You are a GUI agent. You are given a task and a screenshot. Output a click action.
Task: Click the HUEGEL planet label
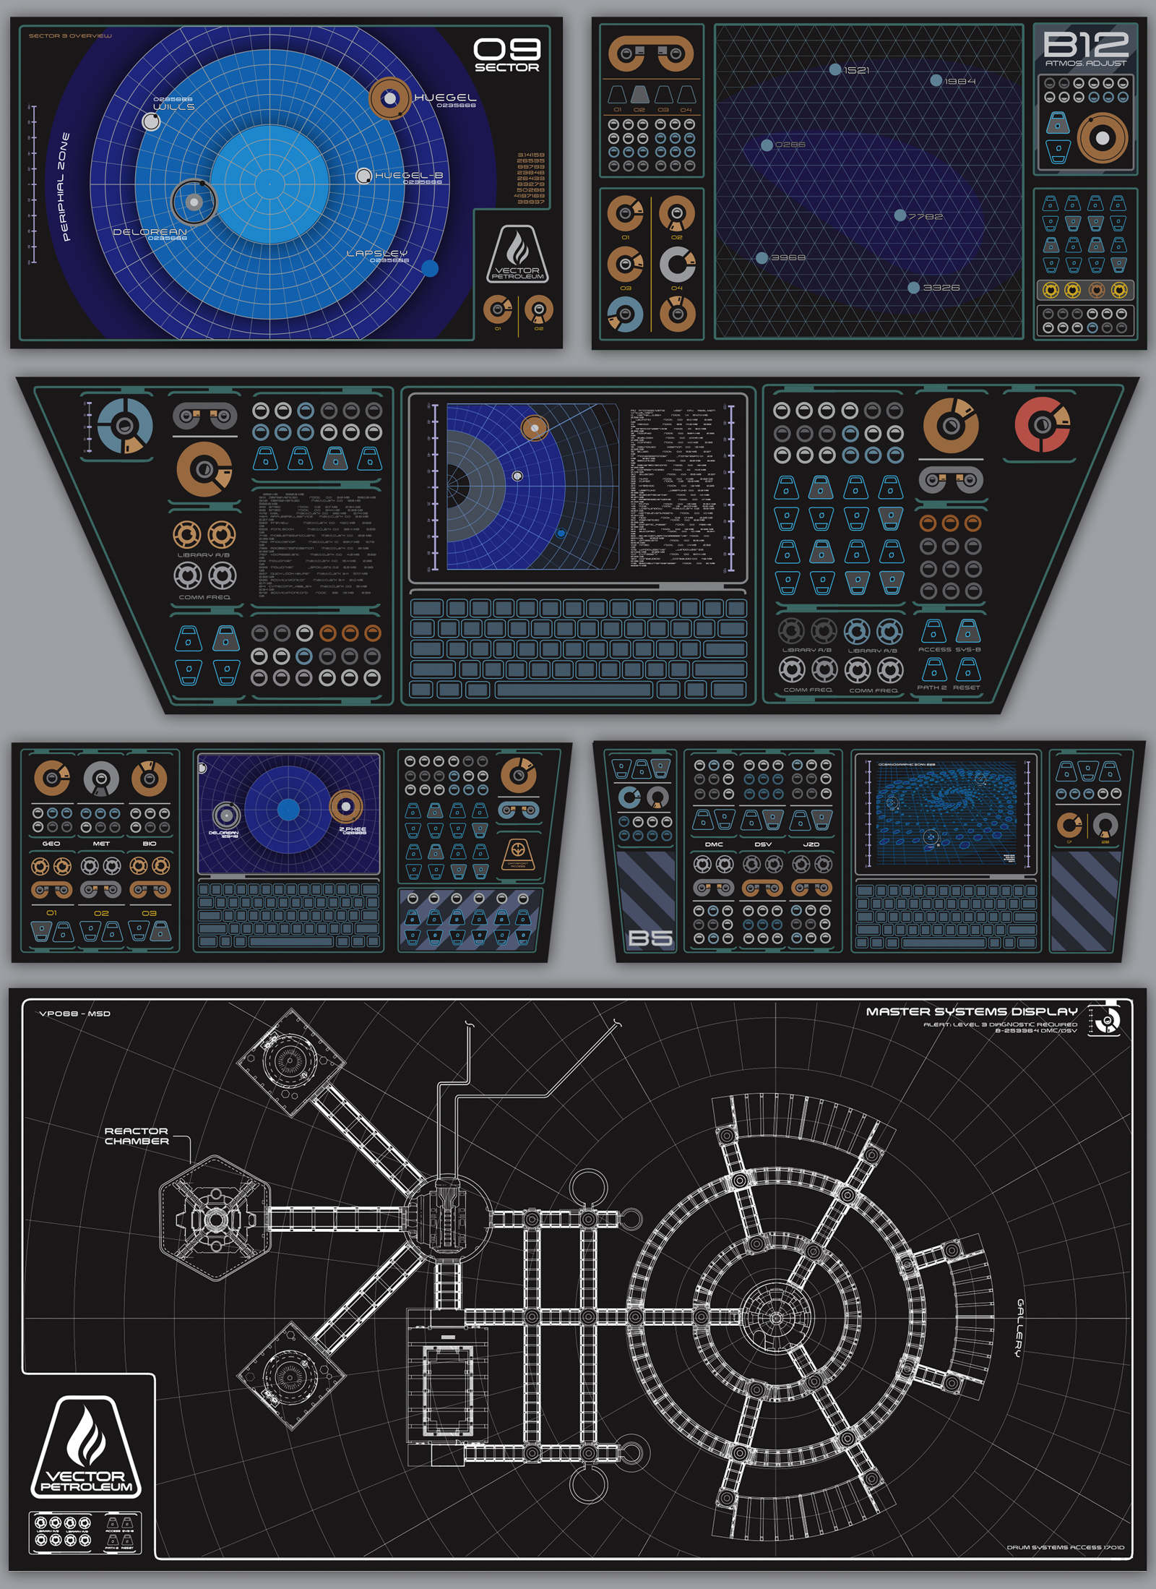[444, 98]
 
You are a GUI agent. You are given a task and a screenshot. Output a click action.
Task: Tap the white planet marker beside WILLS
[151, 121]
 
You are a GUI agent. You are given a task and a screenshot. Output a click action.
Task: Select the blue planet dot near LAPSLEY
[430, 268]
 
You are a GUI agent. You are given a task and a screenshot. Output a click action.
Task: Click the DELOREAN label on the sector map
[150, 232]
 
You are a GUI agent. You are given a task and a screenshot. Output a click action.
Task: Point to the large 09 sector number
[506, 50]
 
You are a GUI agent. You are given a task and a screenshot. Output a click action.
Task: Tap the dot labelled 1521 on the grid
[835, 69]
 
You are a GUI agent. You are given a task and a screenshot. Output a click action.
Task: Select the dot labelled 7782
[900, 215]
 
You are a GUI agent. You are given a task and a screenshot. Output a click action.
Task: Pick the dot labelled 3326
[914, 288]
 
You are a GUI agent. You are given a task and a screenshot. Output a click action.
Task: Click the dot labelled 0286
[767, 145]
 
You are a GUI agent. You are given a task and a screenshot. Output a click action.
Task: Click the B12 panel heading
[1085, 45]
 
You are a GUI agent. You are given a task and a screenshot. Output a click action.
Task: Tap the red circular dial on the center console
[1042, 424]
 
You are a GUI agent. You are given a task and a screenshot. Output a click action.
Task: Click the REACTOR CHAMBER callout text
[137, 1136]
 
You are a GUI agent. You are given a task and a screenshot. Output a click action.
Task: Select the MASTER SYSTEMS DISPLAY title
[971, 1011]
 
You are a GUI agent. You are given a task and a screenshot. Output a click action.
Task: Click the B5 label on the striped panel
[650, 938]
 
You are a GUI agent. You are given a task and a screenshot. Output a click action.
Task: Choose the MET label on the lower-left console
[101, 844]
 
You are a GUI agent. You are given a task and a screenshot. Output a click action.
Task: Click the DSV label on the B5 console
[763, 844]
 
